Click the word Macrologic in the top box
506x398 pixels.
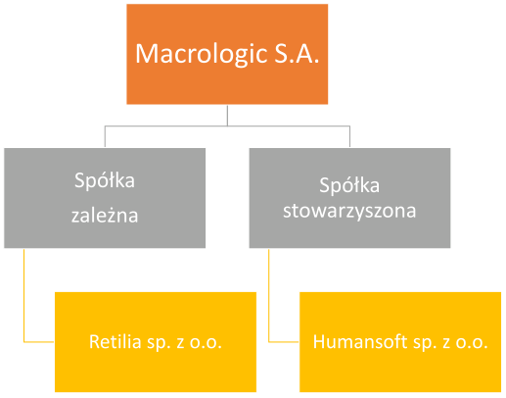pos(202,54)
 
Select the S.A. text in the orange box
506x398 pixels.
pos(297,53)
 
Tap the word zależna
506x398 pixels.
pos(105,216)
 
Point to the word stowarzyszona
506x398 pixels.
pos(349,211)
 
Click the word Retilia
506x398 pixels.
pos(115,342)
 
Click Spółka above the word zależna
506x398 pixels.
pos(105,180)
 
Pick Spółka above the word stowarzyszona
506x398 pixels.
pos(349,185)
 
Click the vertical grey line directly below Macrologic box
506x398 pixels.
pos(227,115)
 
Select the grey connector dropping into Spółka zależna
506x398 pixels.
pos(105,136)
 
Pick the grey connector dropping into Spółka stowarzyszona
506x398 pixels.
pos(349,136)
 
